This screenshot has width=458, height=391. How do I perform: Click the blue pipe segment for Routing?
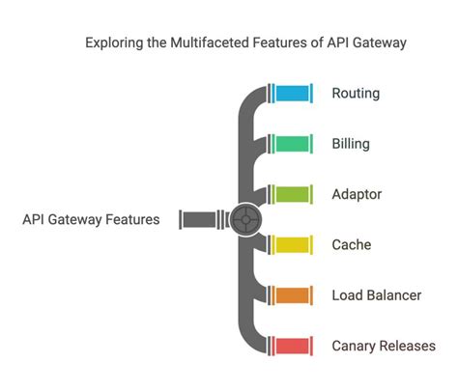[293, 94]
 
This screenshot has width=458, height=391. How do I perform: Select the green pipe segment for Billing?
[293, 144]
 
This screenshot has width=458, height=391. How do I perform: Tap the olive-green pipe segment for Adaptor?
[293, 194]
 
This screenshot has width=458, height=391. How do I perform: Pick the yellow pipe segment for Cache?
[293, 244]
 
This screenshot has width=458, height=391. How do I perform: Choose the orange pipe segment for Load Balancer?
[293, 294]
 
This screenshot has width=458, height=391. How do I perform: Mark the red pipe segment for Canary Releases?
[293, 345]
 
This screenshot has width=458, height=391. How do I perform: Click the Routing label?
[356, 94]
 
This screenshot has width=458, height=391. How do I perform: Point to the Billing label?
[351, 144]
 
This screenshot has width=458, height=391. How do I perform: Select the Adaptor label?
[358, 194]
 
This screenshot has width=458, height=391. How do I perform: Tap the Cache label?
[352, 244]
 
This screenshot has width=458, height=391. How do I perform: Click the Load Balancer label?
[376, 294]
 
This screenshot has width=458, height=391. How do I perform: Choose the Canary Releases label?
[383, 345]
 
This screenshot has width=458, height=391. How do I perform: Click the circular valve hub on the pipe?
[246, 219]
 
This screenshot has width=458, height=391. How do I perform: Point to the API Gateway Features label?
[91, 219]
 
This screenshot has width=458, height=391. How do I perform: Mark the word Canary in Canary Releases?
[355, 345]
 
